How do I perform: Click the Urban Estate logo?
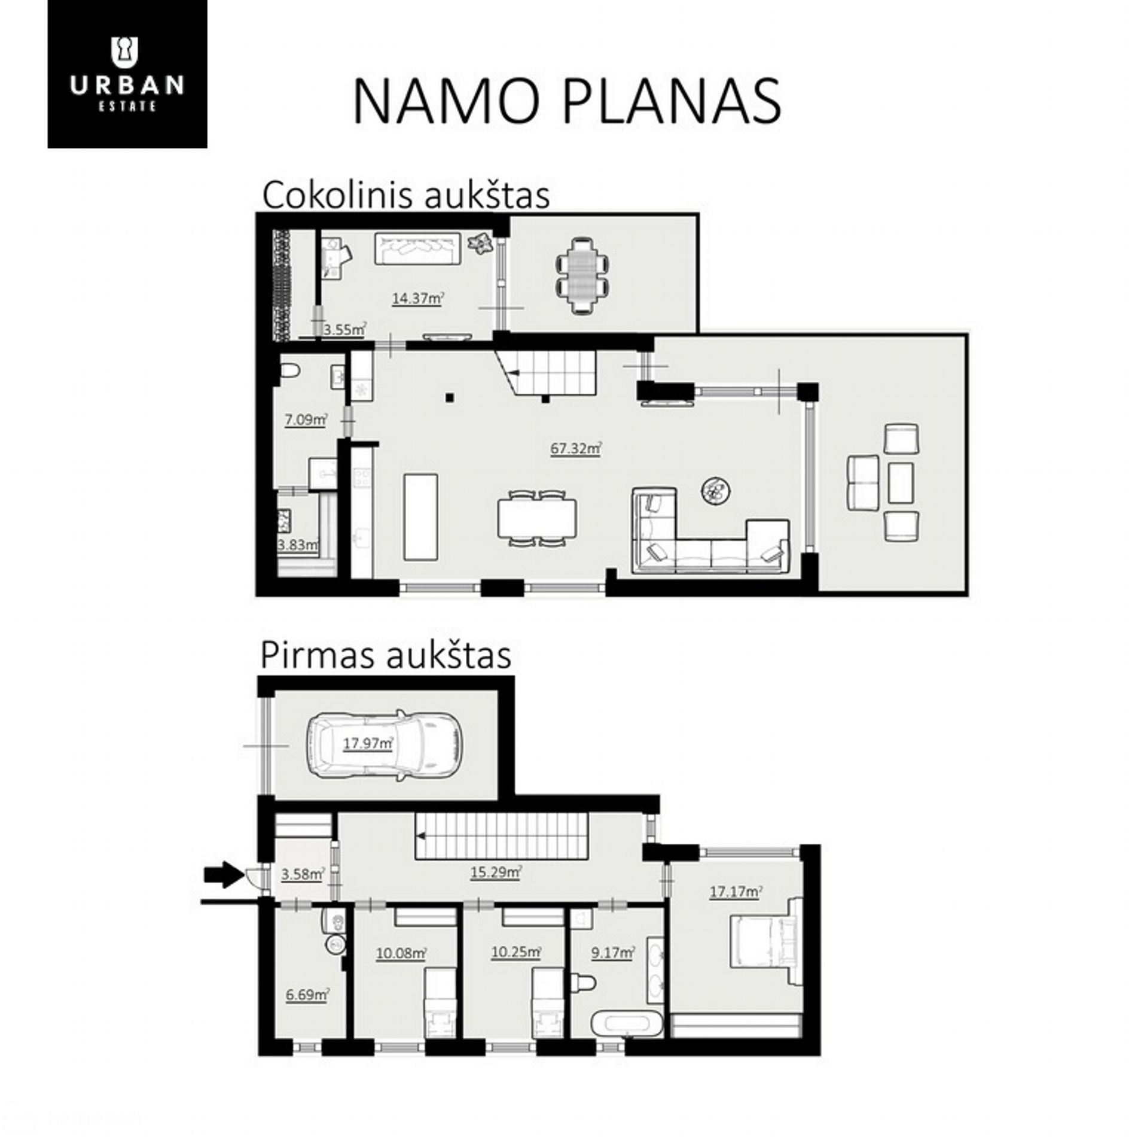click(x=127, y=74)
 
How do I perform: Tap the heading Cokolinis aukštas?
click(x=405, y=195)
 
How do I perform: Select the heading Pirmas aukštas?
click(x=386, y=656)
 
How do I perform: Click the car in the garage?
click(x=384, y=744)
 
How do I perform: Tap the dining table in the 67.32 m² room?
click(x=537, y=518)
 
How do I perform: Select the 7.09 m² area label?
click(x=306, y=420)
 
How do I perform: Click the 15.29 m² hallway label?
click(x=496, y=872)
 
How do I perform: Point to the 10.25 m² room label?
click(x=516, y=951)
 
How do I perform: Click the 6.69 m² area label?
click(x=307, y=995)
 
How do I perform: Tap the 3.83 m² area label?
click(x=298, y=545)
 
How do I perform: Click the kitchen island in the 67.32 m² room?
click(x=420, y=516)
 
